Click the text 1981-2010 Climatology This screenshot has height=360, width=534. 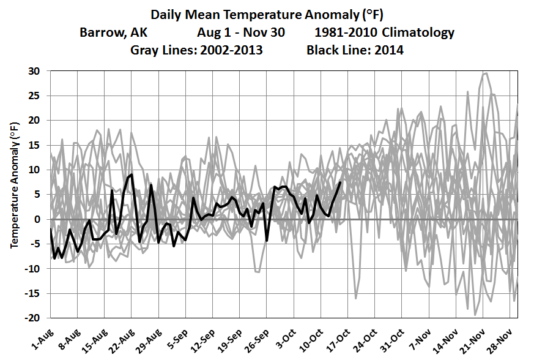point(385,32)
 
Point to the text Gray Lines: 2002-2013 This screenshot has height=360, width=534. point(196,50)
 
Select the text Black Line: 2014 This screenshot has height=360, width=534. point(355,50)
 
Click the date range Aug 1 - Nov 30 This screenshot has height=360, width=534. point(240,32)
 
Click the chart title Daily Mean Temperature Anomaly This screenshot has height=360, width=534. point(267,15)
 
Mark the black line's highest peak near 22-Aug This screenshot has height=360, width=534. point(132,174)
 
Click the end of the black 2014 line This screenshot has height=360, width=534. point(340,182)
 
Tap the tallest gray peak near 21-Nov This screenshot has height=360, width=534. point(486,73)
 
